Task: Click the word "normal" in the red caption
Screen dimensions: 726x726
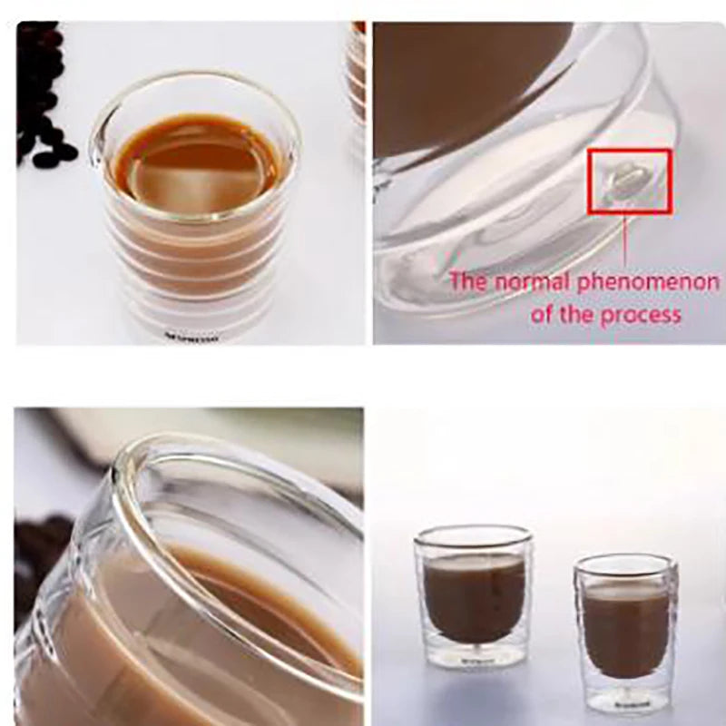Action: pyautogui.click(x=532, y=280)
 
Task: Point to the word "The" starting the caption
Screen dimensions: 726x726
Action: pyautogui.click(x=469, y=280)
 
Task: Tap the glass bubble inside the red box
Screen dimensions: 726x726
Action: pyautogui.click(x=626, y=179)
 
